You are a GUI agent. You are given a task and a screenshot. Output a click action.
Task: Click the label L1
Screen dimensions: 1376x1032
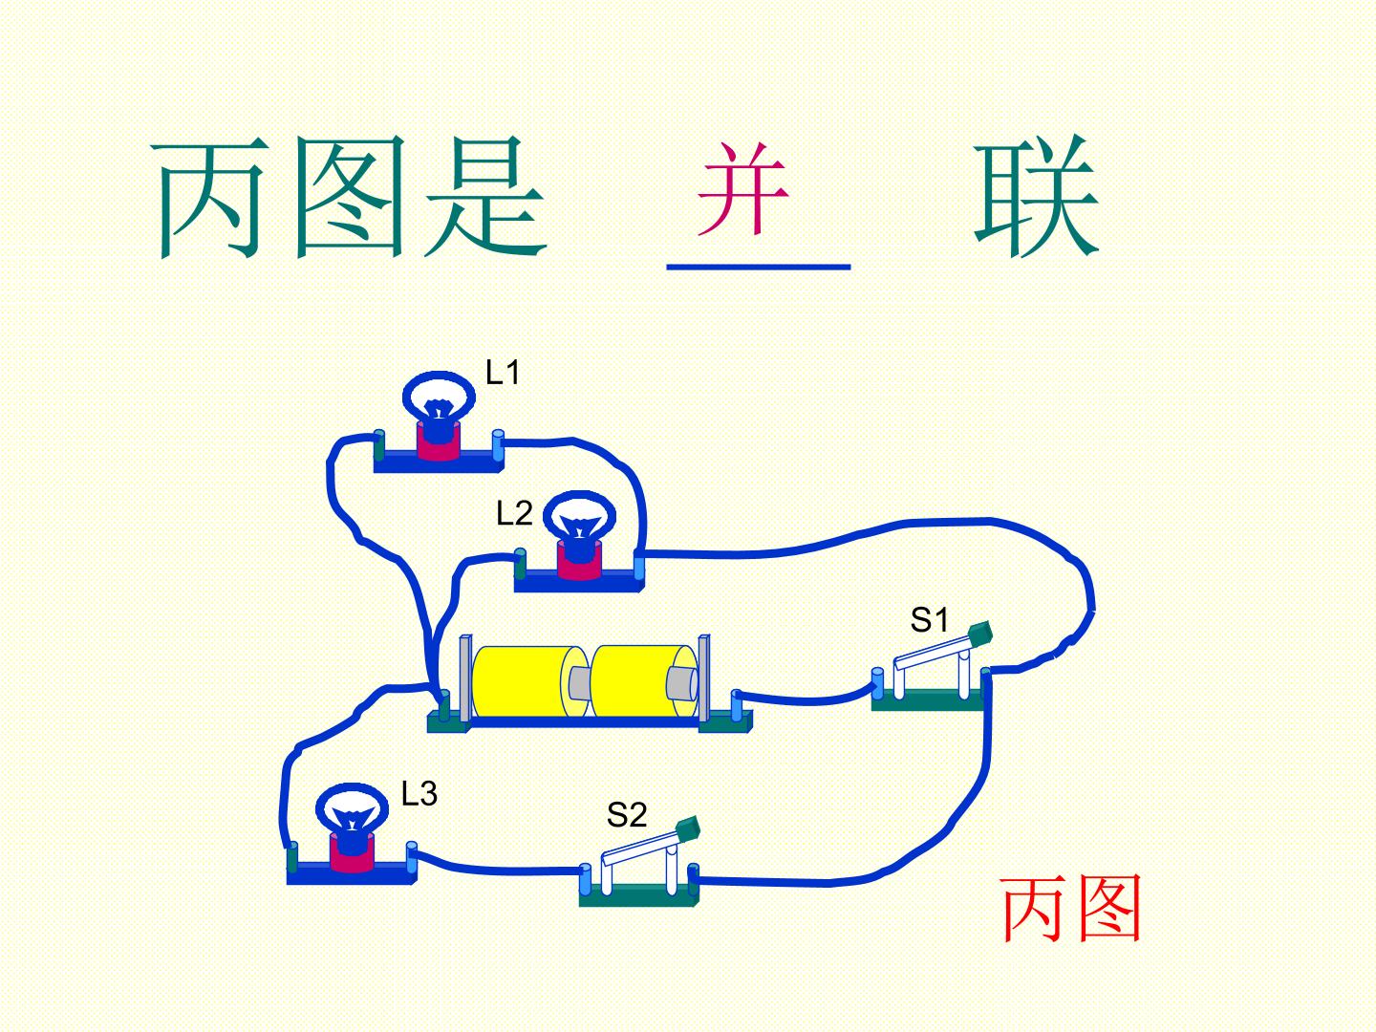click(x=502, y=373)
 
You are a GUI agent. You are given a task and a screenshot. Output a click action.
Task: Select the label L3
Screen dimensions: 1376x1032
click(x=419, y=793)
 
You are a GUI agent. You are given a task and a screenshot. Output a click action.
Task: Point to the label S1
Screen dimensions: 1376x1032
click(x=929, y=620)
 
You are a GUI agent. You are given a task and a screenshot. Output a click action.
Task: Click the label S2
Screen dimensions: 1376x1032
click(x=626, y=814)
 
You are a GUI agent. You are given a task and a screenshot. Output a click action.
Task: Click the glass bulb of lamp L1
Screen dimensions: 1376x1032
click(x=439, y=396)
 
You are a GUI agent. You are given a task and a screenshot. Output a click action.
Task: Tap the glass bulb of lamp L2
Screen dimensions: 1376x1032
click(x=579, y=518)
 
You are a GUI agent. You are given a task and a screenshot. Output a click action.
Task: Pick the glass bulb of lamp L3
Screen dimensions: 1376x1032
click(x=352, y=808)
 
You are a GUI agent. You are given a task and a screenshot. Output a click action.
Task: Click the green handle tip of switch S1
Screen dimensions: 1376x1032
click(x=979, y=634)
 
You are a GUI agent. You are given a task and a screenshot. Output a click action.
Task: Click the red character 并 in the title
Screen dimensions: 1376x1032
click(x=742, y=188)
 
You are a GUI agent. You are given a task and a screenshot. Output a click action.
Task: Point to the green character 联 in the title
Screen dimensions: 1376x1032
click(x=1036, y=196)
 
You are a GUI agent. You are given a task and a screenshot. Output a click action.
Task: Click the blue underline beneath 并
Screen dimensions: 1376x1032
click(x=759, y=267)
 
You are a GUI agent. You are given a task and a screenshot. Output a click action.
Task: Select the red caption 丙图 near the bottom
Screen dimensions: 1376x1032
click(x=1071, y=909)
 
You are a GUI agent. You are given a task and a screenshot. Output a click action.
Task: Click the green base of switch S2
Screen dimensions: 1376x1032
click(x=638, y=895)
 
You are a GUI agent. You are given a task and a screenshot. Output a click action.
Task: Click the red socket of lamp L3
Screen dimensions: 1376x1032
click(x=352, y=853)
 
